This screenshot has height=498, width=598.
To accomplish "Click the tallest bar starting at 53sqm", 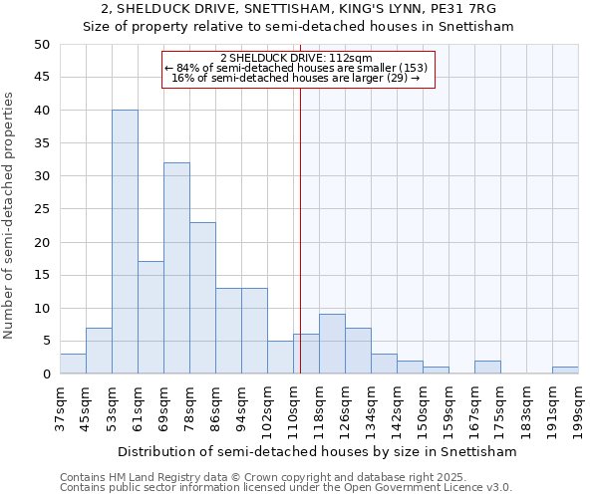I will [x=125, y=242].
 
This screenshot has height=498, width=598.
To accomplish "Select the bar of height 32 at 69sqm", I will [x=176, y=268].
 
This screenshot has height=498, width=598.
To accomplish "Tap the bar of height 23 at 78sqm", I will [x=202, y=298].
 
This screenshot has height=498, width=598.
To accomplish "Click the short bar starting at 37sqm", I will [x=73, y=364].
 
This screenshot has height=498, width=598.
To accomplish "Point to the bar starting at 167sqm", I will [x=487, y=368].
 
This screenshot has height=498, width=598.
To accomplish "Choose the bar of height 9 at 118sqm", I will [x=332, y=345].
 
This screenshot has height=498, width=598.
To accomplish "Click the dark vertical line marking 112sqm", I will [x=300, y=229].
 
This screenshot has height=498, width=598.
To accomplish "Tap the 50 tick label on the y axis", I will [x=41, y=45].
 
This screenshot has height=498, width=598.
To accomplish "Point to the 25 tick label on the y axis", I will [x=41, y=209].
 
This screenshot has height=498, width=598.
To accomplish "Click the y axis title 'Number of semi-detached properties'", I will [x=9, y=215].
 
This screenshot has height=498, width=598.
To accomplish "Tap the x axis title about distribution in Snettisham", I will [x=317, y=451].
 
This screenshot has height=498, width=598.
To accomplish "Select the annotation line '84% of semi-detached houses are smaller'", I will [x=297, y=68].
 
